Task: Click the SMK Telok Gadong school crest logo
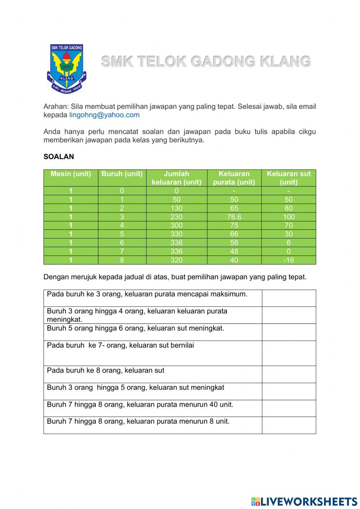pyautogui.click(x=67, y=68)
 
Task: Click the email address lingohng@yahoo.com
pyautogui.click(x=104, y=115)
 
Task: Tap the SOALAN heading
pyautogui.click(x=58, y=157)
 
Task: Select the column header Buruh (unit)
pyautogui.click(x=122, y=174)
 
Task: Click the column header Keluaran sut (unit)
pyautogui.click(x=288, y=178)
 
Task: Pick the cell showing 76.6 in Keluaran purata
pyautogui.click(x=234, y=217)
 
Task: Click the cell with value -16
pyautogui.click(x=288, y=260)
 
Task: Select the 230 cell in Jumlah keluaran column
pyautogui.click(x=176, y=217)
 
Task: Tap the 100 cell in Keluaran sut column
pyautogui.click(x=288, y=217)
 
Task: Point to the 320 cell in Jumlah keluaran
pyautogui.click(x=176, y=260)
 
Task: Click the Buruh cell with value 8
pyautogui.click(x=122, y=260)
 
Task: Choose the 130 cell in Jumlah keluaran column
pyautogui.click(x=176, y=208)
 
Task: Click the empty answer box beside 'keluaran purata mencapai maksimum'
pyautogui.click(x=289, y=298)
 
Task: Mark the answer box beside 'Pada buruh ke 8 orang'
pyautogui.click(x=289, y=374)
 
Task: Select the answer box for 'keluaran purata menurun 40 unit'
pyautogui.click(x=289, y=408)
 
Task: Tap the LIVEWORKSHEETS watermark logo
pyautogui.click(x=304, y=501)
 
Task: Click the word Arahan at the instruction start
pyautogui.click(x=55, y=107)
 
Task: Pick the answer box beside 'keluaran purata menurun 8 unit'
pyautogui.click(x=289, y=425)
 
